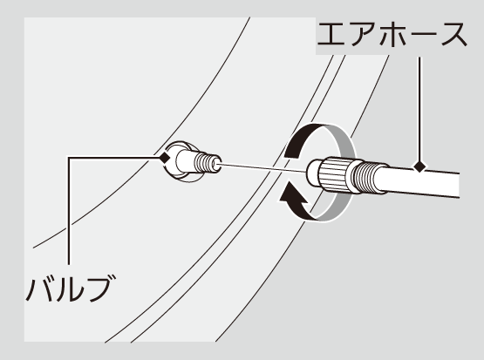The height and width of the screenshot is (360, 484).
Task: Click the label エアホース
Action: [x=392, y=35]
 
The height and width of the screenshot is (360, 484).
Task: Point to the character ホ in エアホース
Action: [x=393, y=35]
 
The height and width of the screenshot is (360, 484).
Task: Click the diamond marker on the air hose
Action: [x=419, y=166]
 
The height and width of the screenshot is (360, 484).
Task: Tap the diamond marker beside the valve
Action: [x=165, y=158]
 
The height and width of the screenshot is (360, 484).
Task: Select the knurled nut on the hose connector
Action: [x=336, y=174]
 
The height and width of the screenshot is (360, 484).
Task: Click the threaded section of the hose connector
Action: [x=365, y=177]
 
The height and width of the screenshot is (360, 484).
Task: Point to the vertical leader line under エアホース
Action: [x=419, y=109]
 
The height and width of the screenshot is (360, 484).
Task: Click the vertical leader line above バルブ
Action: [x=69, y=211]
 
